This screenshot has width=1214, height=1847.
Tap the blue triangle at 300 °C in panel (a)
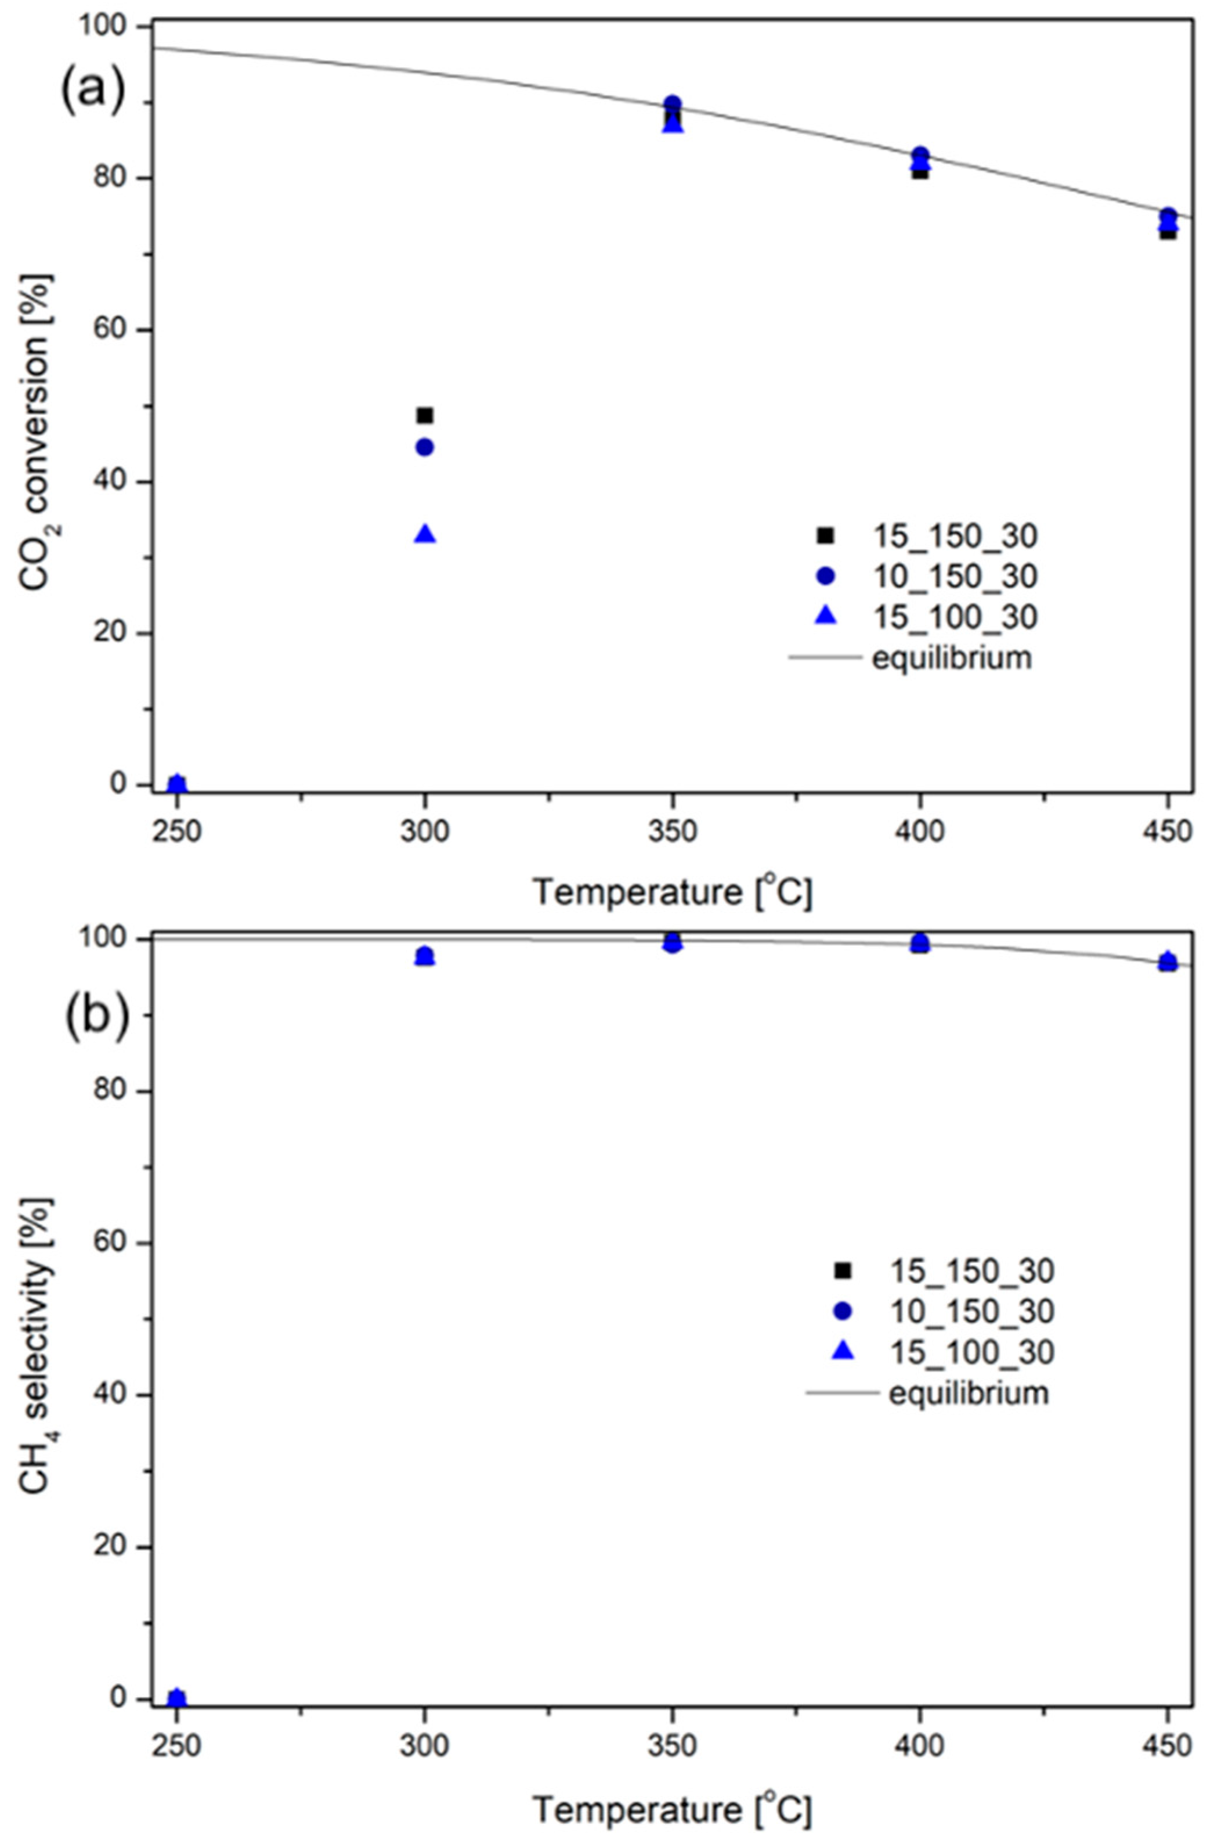point(425,534)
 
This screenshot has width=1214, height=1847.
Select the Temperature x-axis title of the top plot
point(672,892)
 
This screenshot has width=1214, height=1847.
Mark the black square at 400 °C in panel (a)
point(920,171)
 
